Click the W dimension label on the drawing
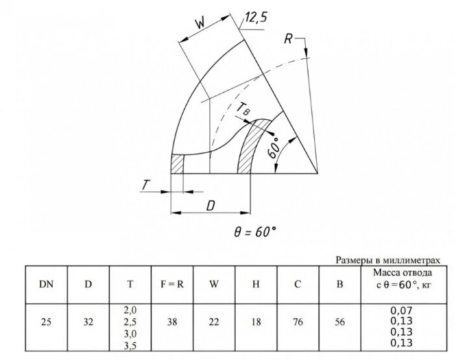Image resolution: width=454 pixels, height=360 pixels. point(200,23)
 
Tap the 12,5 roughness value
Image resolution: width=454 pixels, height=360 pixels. point(256,18)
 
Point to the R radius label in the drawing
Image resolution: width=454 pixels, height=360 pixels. point(288,39)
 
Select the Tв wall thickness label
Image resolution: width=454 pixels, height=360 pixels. point(243,110)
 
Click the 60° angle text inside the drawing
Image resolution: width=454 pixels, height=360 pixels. point(274,148)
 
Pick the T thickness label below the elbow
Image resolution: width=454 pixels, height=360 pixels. point(146,185)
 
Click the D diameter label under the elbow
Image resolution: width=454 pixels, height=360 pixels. point(211,206)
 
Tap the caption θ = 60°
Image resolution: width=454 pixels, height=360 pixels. point(255,232)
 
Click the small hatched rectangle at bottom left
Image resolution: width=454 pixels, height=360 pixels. point(177,164)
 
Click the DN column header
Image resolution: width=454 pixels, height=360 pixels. point(46,284)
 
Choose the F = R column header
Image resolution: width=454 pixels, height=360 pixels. point(173,284)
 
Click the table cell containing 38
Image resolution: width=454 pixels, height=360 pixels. point(173,322)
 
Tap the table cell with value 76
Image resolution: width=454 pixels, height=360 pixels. point(298,322)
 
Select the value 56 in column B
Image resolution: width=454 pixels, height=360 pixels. point(340,322)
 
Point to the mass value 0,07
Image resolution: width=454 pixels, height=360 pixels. point(401,311)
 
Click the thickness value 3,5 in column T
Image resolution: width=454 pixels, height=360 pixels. point(130,346)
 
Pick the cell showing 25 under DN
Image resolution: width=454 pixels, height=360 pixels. point(46,322)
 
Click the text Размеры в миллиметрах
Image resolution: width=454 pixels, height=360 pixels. point(388,260)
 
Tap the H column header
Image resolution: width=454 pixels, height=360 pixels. point(256,284)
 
